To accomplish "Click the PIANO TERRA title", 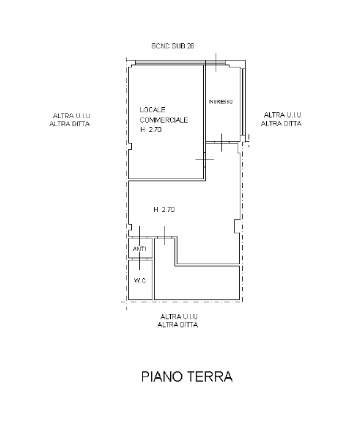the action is [187, 376].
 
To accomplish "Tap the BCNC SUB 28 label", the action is [173, 46].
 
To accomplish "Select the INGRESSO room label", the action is [221, 101].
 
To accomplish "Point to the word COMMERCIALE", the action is [164, 120].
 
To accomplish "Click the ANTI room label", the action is [139, 249].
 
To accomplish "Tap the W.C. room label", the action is [141, 281].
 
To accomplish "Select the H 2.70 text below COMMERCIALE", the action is [150, 129].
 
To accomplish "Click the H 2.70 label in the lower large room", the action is [164, 210].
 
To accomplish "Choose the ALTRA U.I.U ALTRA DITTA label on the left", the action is [70, 120].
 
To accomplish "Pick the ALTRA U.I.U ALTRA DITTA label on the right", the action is [281, 120].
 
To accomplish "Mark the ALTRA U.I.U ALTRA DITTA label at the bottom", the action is [178, 321].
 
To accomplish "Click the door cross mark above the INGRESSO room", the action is [216, 62].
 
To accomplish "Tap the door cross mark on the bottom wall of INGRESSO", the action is [222, 142].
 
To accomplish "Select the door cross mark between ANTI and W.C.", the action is [140, 259].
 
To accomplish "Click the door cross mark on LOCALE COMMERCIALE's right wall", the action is [205, 159].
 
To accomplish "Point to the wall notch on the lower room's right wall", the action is [238, 226].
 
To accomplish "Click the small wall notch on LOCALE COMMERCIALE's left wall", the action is [131, 146].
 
